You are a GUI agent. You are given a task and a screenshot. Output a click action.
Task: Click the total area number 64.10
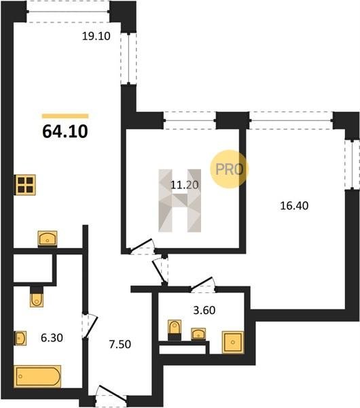65,132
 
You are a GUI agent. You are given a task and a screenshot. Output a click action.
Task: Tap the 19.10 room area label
96,36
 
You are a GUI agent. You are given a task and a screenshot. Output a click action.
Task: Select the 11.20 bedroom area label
185,185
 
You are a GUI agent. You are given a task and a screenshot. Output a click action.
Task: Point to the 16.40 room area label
294,206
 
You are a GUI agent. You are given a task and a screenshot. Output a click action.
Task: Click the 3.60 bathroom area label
204,311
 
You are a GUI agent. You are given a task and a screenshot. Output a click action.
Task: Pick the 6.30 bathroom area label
52,338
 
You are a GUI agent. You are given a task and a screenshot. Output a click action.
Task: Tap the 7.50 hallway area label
120,345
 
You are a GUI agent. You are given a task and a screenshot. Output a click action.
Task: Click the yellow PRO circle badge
230,169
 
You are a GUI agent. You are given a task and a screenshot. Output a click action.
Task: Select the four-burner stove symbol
26,185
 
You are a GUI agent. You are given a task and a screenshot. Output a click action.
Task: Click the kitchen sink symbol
48,239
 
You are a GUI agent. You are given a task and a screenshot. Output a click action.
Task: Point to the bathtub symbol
37,376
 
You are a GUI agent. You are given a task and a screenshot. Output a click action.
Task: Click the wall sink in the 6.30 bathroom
20,338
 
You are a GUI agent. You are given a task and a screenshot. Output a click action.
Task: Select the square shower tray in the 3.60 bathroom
233,343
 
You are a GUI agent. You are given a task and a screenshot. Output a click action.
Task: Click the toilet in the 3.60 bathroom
175,330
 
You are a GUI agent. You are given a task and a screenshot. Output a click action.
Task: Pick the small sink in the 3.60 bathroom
198,334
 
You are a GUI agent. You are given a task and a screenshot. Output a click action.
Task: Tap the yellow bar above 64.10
65,116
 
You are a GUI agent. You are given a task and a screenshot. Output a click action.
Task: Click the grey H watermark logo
180,201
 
